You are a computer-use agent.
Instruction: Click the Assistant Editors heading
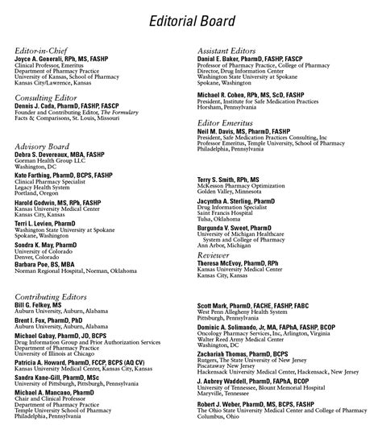point(234,51)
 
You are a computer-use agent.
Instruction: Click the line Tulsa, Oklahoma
point(222,219)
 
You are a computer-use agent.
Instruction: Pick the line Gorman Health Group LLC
point(48,162)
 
